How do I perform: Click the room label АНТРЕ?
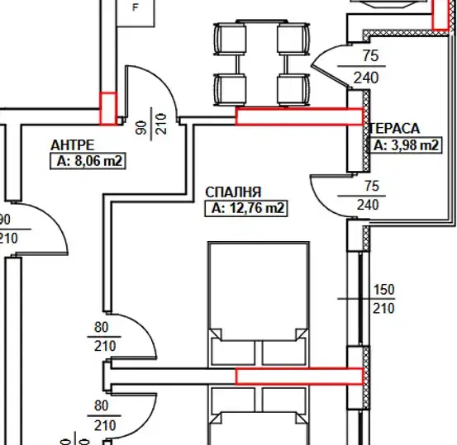(73, 145)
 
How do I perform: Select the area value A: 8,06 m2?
(88, 161)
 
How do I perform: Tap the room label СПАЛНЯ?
(233, 192)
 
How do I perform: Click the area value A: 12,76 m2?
(246, 208)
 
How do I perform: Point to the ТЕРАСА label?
(395, 129)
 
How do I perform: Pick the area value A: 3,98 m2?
(406, 145)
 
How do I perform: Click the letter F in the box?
(136, 7)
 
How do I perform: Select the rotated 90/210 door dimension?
(151, 124)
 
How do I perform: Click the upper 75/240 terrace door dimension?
(367, 66)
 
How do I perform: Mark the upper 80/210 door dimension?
(104, 337)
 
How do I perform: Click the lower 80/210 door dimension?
(104, 415)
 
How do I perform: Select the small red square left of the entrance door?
(108, 109)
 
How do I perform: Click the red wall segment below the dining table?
(299, 116)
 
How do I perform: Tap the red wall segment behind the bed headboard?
(299, 376)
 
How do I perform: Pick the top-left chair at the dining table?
(230, 40)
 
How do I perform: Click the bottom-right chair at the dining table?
(293, 90)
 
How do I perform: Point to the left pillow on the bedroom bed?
(233, 353)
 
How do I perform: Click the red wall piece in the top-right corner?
(440, 15)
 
